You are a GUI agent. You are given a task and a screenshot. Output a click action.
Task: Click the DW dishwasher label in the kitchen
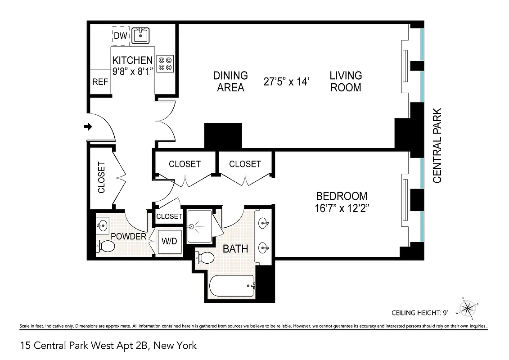120,36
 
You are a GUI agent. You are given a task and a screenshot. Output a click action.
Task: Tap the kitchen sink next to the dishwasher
141,35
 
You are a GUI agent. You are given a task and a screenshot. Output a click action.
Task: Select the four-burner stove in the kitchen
165,63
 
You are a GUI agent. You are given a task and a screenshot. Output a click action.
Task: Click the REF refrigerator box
99,82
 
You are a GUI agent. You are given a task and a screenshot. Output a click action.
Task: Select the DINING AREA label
230,81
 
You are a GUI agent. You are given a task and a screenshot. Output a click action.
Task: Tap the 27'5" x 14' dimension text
287,81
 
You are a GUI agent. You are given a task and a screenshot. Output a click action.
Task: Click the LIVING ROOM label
346,81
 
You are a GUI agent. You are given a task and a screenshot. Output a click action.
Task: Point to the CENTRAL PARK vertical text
437,145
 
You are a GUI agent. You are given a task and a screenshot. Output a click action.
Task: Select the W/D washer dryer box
169,241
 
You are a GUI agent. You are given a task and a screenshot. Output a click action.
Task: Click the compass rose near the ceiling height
468,308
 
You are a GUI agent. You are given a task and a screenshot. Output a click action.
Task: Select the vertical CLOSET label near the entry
101,178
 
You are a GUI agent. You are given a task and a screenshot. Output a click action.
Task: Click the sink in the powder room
102,224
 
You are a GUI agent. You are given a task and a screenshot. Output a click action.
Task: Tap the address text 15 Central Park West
108,346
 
